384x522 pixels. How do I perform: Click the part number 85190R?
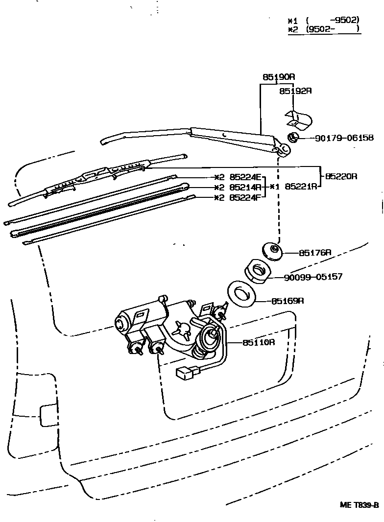(279, 77)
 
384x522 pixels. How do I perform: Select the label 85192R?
(296, 91)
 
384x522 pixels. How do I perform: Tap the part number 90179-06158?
(344, 139)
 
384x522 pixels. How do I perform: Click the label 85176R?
(315, 253)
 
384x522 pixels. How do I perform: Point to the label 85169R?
(288, 301)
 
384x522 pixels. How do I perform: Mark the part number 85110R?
(259, 342)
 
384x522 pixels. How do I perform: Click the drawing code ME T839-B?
(360, 505)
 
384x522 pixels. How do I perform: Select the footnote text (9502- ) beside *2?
(333, 29)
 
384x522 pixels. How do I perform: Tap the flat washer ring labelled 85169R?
(241, 294)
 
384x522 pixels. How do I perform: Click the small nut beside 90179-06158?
(294, 138)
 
